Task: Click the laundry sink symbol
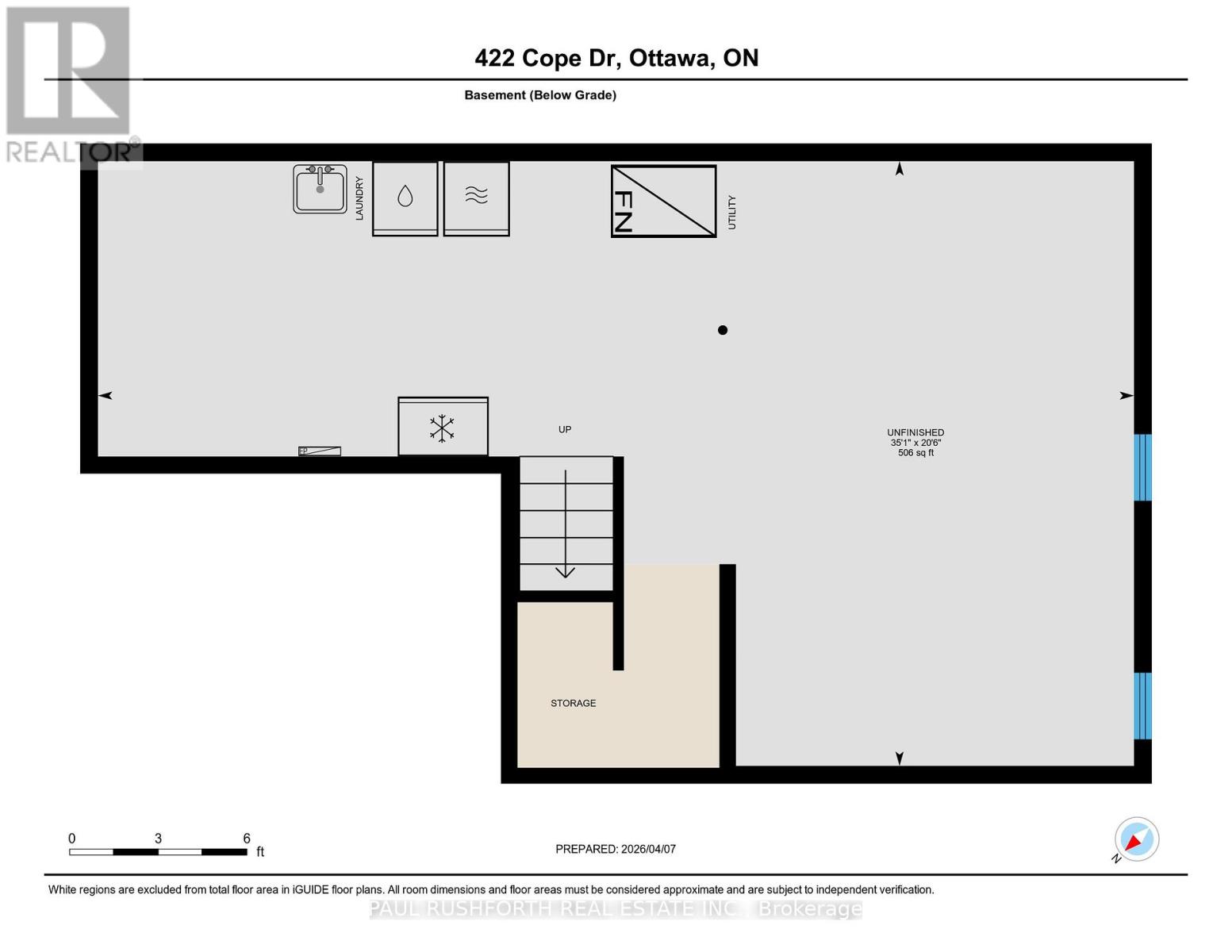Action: click(x=320, y=189)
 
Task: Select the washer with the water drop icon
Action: click(x=405, y=198)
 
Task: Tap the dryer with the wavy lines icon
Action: click(x=476, y=198)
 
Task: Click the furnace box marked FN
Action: click(x=663, y=201)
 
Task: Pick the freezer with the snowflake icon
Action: click(x=443, y=427)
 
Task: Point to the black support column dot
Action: click(x=723, y=330)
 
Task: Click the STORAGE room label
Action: click(x=573, y=703)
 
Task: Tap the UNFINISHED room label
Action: click(x=915, y=432)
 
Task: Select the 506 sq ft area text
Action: click(x=915, y=453)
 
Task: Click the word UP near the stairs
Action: click(x=565, y=429)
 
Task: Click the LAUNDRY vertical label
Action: click(x=359, y=198)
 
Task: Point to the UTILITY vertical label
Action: click(x=732, y=213)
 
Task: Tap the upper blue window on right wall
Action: click(x=1142, y=467)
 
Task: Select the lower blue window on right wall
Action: click(x=1142, y=705)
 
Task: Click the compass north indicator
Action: click(x=1136, y=839)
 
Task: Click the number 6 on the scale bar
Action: click(x=247, y=839)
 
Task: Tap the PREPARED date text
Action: click(x=616, y=849)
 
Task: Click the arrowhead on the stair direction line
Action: click(x=565, y=572)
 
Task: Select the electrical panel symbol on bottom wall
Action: click(x=320, y=451)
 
